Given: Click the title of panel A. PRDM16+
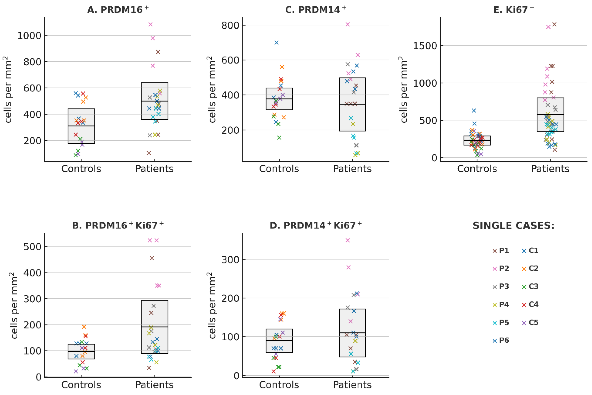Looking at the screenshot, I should point(118,10).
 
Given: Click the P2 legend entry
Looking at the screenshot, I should point(500,268).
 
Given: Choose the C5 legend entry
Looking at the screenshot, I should point(530,322).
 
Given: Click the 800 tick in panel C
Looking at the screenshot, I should point(230,25).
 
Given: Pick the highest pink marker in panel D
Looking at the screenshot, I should point(348,240).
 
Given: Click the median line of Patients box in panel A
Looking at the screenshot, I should point(154,101).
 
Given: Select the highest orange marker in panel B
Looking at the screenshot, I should point(84,327).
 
